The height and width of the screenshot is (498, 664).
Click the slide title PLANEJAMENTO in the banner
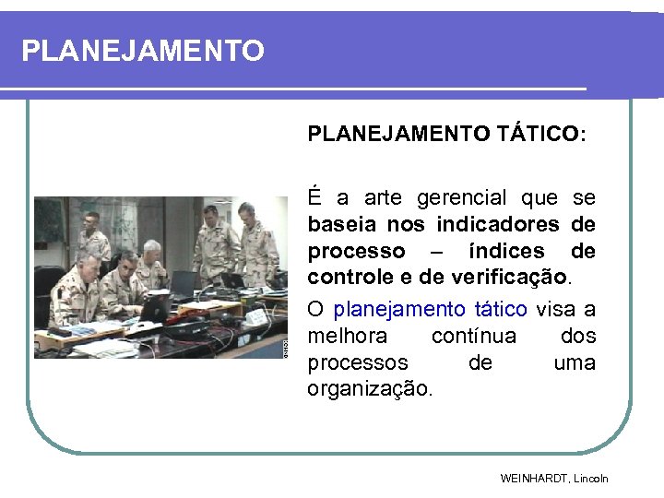point(143,50)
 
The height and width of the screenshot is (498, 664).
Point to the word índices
point(507,251)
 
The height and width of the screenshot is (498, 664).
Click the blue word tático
point(501,308)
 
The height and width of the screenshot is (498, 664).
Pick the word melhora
point(348,335)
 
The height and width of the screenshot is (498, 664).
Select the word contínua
point(474,335)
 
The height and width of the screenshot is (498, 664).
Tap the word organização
point(369,389)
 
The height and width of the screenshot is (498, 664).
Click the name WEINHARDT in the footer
point(535,479)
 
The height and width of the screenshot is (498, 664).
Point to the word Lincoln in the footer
point(592,479)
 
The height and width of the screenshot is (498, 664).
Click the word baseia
point(342,224)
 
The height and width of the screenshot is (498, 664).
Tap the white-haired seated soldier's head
point(150,251)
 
